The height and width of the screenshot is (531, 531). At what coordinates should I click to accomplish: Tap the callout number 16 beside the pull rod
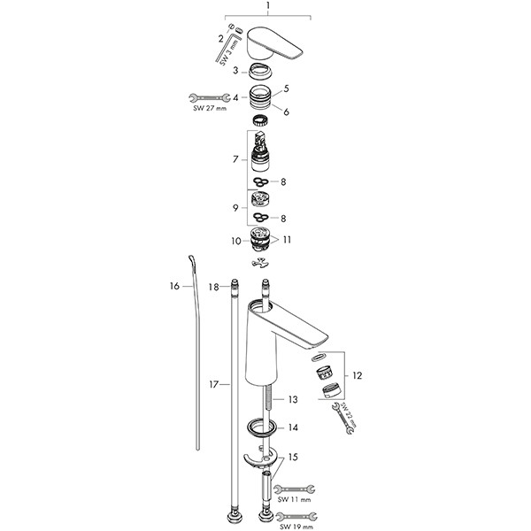click(174, 286)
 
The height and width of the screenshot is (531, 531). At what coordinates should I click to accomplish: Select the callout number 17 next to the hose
click(212, 384)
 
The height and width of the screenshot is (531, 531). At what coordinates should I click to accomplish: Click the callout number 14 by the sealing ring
click(293, 427)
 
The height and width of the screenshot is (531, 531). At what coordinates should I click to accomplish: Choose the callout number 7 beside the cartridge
click(234, 159)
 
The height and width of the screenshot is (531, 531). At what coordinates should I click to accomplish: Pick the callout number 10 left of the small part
click(236, 240)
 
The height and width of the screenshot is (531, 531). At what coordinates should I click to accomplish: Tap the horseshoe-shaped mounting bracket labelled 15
click(263, 457)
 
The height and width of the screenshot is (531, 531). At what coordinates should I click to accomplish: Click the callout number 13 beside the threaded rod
click(293, 400)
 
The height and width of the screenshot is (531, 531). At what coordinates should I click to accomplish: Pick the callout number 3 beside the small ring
click(235, 70)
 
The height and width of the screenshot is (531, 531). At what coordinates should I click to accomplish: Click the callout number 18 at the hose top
click(212, 287)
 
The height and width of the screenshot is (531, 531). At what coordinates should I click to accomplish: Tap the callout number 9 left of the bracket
click(235, 209)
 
